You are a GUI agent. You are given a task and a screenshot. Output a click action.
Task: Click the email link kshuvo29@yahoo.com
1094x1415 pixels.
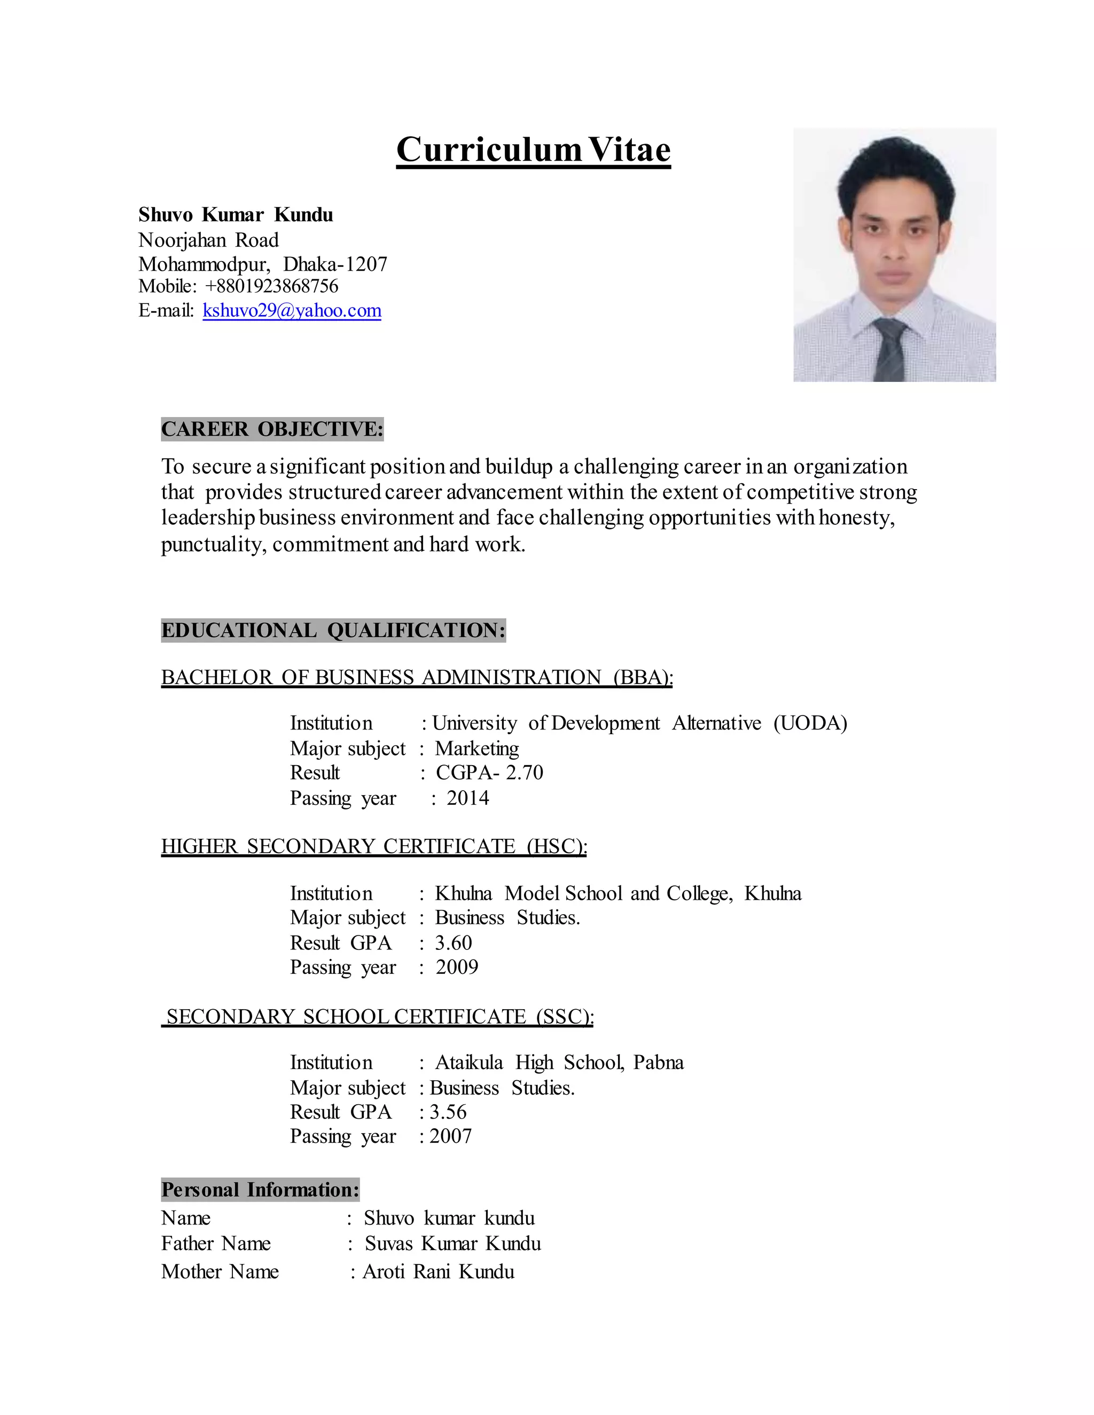point(292,310)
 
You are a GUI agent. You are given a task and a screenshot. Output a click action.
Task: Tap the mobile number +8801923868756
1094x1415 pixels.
point(271,286)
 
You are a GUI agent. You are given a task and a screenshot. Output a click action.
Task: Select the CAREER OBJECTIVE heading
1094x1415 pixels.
point(272,429)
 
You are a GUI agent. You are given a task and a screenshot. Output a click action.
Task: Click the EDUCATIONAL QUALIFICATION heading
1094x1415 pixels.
point(333,630)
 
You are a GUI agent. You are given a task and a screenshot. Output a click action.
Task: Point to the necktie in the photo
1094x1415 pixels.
point(889,350)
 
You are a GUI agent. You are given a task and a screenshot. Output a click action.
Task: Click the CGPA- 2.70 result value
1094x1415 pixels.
point(489,772)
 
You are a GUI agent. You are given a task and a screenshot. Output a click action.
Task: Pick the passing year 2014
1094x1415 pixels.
point(467,798)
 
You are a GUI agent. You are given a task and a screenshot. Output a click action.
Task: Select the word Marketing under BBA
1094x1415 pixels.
point(476,748)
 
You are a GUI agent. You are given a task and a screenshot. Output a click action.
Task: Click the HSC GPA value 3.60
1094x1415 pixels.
point(453,942)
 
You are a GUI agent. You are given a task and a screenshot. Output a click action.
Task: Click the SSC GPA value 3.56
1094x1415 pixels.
point(448,1112)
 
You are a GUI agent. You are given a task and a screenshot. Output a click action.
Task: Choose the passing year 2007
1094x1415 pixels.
point(450,1136)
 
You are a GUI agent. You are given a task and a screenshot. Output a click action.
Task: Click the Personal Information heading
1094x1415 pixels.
point(260,1190)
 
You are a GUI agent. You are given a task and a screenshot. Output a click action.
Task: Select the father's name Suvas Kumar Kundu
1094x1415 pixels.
point(452,1243)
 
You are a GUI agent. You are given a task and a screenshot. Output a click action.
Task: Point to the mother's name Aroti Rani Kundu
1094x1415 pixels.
point(438,1271)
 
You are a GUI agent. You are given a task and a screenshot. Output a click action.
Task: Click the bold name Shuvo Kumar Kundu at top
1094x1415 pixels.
point(235,215)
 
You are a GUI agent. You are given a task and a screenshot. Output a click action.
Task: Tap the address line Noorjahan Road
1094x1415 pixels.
point(208,240)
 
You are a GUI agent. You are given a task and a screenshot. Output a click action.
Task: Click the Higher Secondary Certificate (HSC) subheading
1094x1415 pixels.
point(374,846)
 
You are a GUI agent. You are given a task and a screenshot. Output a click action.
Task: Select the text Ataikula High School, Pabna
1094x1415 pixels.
point(559,1063)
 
